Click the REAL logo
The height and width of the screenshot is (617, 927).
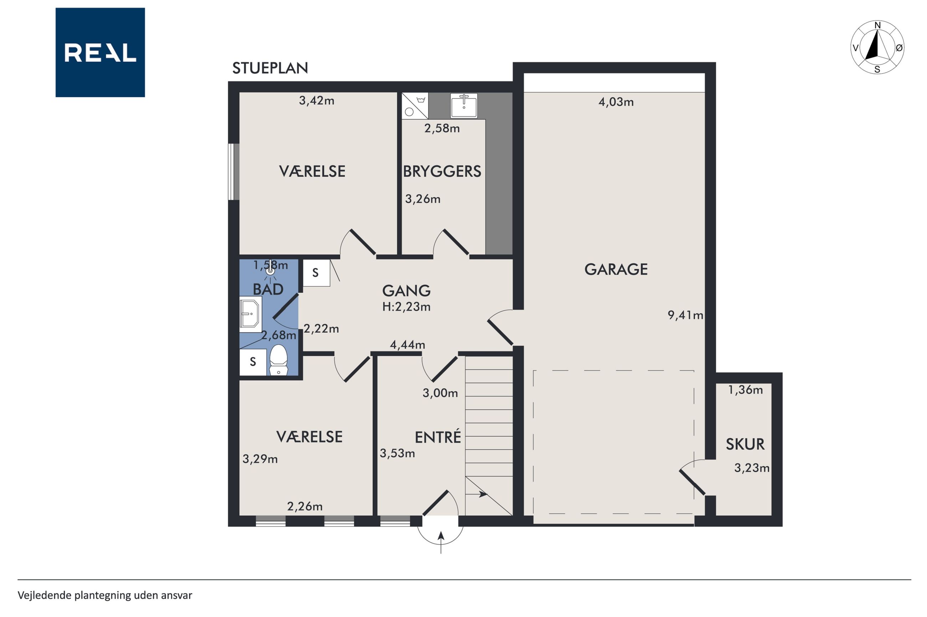tap(100, 52)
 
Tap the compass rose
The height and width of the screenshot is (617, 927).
tap(877, 47)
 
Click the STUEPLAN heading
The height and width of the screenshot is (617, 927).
tap(270, 68)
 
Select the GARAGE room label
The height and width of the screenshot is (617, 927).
tap(616, 270)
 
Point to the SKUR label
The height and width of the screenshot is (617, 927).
tap(745, 444)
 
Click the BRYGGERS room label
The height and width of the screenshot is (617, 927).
tap(442, 172)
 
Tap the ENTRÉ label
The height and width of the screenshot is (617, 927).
tap(438, 437)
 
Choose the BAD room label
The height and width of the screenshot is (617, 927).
tap(268, 289)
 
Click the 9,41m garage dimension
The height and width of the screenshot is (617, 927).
tap(685, 315)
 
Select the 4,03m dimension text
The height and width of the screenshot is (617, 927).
tap(616, 102)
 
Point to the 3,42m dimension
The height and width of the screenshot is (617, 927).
tap(316, 101)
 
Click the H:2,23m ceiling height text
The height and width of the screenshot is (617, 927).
tap(406, 307)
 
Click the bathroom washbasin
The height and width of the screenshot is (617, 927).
tap(251, 314)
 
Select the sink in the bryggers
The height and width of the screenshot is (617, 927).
tap(464, 105)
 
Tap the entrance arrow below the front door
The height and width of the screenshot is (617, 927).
tap(441, 542)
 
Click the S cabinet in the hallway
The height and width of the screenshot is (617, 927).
tap(316, 273)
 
